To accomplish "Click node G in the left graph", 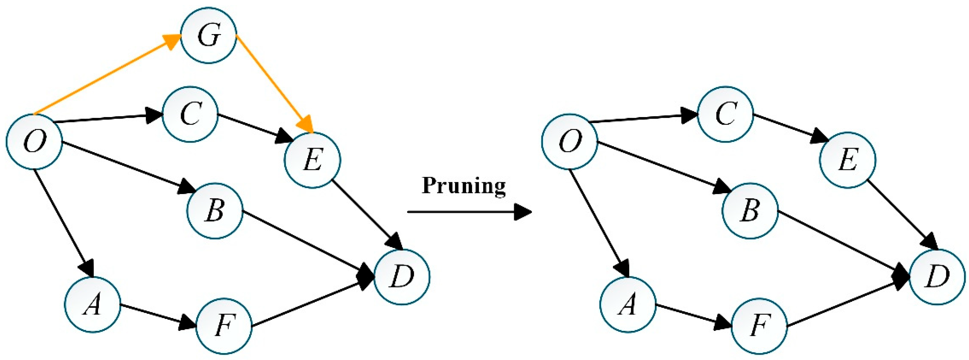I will pyautogui.click(x=209, y=35).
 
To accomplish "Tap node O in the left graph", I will pyautogui.click(x=34, y=142).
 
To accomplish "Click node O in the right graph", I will pyautogui.click(x=570, y=142).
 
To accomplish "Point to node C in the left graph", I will pyautogui.click(x=190, y=114).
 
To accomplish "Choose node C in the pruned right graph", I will pyautogui.click(x=725, y=114).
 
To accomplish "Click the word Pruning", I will pyautogui.click(x=463, y=185).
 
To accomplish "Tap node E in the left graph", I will pyautogui.click(x=312, y=160).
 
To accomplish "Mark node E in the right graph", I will pyautogui.click(x=848, y=160).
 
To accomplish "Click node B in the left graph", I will pyautogui.click(x=215, y=211).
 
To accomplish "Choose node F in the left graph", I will pyautogui.click(x=224, y=326).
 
